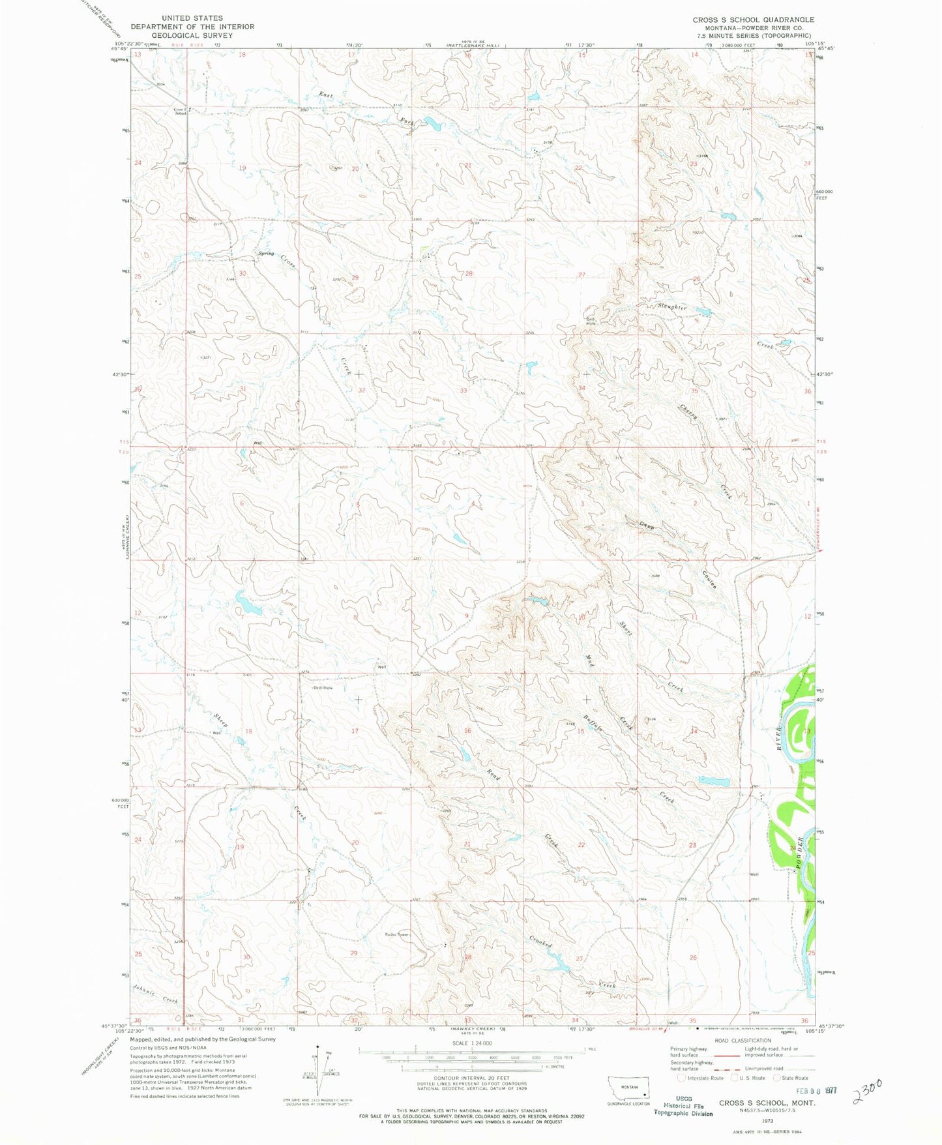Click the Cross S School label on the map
pyautogui.click(x=180, y=111)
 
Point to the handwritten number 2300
pyautogui.click(x=866, y=1090)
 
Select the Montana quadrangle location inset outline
pyautogui.click(x=628, y=1086)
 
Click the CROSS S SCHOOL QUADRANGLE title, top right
pyautogui.click(x=753, y=20)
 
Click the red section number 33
pyautogui.click(x=464, y=391)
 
